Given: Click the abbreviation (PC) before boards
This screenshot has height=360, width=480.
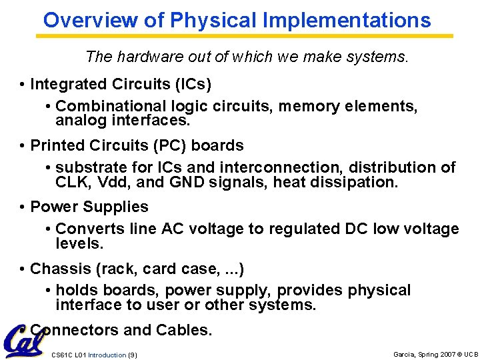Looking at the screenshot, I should click(154, 146).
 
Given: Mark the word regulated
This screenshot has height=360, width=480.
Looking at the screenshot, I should click(304, 229).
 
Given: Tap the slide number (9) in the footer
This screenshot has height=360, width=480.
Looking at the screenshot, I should click(132, 355).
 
